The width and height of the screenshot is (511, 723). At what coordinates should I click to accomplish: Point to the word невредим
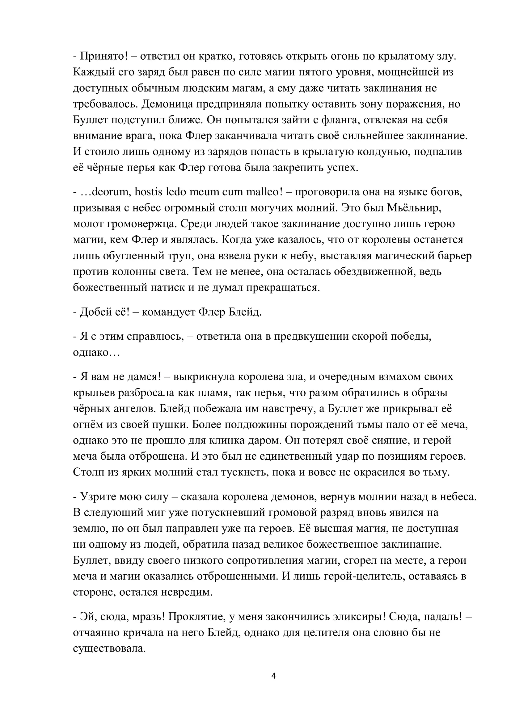point(187,592)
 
